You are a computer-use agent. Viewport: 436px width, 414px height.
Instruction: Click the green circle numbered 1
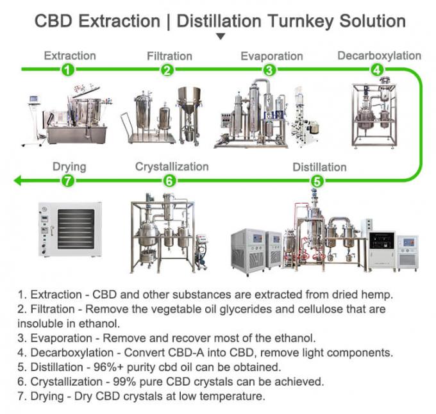point(68,69)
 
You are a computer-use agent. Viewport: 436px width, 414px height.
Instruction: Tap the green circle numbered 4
point(377,69)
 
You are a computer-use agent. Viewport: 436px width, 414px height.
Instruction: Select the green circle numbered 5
point(317,181)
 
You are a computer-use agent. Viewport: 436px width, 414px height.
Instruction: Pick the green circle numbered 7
point(68,181)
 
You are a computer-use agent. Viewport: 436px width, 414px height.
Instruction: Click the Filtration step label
point(169,56)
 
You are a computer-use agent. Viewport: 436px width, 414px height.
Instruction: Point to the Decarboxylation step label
point(380,56)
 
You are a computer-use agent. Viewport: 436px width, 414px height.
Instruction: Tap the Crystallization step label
point(172,167)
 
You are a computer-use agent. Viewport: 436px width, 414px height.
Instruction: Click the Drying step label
point(69,167)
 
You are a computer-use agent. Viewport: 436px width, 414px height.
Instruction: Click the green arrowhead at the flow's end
point(17,181)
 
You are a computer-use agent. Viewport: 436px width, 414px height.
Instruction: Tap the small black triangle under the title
point(221,37)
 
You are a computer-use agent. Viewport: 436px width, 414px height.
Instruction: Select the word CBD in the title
point(53,21)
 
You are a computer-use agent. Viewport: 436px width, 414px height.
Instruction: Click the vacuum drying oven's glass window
point(76,229)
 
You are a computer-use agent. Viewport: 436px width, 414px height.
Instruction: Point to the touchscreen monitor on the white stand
point(33,99)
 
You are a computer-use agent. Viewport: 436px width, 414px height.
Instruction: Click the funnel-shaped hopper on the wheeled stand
point(189,99)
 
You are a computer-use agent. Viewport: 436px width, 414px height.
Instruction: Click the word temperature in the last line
point(231,397)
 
